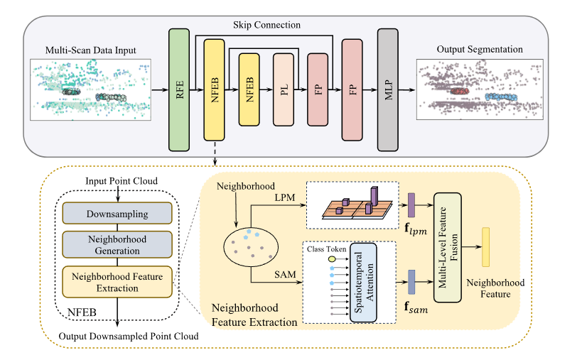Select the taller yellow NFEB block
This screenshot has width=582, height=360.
[x=214, y=90]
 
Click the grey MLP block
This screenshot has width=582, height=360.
[x=389, y=90]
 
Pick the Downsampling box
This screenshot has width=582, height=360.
[x=117, y=214]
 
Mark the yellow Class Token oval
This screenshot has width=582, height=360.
[x=331, y=260]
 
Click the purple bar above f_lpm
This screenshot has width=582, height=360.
[x=411, y=205]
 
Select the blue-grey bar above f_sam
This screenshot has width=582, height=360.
[x=411, y=281]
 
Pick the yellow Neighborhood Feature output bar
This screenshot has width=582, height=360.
[x=485, y=246]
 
